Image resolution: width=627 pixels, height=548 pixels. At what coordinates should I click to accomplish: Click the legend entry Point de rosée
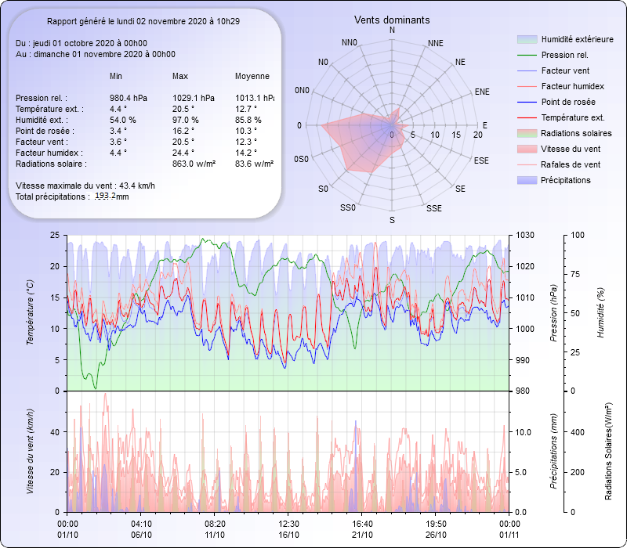pos(567,102)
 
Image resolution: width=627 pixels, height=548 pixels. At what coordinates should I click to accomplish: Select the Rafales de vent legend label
pos(571,164)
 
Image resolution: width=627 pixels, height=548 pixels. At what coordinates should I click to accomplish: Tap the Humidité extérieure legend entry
pos(577,39)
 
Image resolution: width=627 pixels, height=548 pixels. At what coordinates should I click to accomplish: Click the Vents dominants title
pos(392,19)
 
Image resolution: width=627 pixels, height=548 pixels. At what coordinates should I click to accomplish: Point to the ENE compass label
pos(482,92)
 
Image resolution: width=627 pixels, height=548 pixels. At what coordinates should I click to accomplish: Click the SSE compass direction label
pos(433,208)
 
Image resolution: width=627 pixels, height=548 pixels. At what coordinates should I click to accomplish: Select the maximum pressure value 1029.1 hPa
pos(194,98)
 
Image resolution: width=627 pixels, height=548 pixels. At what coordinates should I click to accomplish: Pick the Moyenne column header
pos(252,77)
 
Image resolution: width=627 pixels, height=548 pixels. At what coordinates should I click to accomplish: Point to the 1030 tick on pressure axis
pos(525,235)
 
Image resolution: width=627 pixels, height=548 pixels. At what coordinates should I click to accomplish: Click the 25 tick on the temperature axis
pos(53,235)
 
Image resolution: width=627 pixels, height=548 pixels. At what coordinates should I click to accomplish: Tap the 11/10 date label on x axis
pos(215,534)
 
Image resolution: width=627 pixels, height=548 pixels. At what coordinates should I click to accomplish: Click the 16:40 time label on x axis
pos(362,524)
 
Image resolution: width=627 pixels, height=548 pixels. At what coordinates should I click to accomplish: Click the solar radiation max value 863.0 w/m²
pos(195,164)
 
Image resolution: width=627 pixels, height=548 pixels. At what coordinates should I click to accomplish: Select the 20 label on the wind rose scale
pos(477,134)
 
